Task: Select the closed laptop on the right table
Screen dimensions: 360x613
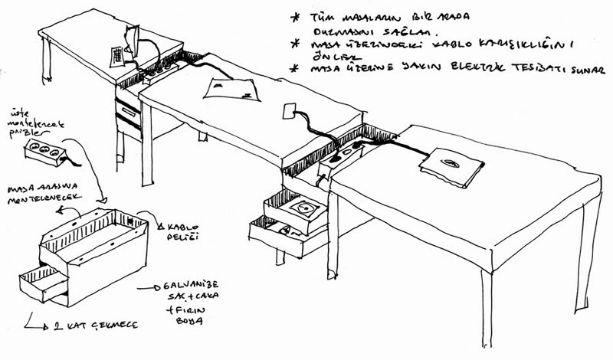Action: pyautogui.click(x=451, y=163)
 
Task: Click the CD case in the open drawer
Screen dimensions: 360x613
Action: pyautogui.click(x=306, y=208)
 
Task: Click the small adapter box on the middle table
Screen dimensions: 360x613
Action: pyautogui.click(x=290, y=112)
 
